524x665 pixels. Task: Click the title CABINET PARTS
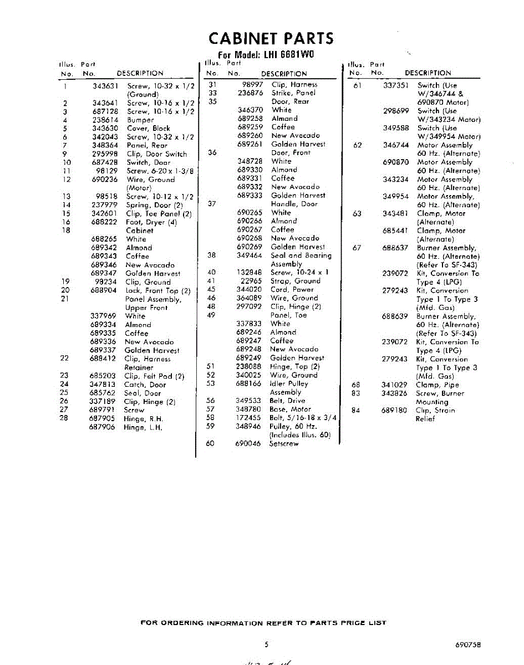click(271, 38)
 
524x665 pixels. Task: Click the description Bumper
click(140, 120)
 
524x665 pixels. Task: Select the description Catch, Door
click(145, 384)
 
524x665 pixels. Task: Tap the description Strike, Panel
click(293, 93)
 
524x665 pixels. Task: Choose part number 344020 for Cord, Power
click(249, 289)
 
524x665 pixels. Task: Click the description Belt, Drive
click(287, 400)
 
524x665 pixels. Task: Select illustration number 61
click(357, 85)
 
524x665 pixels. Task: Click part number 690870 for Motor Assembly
click(396, 162)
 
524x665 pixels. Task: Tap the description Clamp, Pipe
click(437, 385)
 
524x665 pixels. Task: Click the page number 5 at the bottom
click(266, 644)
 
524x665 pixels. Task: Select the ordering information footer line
click(263, 623)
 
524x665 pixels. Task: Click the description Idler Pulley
click(289, 383)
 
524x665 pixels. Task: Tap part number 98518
click(106, 196)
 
